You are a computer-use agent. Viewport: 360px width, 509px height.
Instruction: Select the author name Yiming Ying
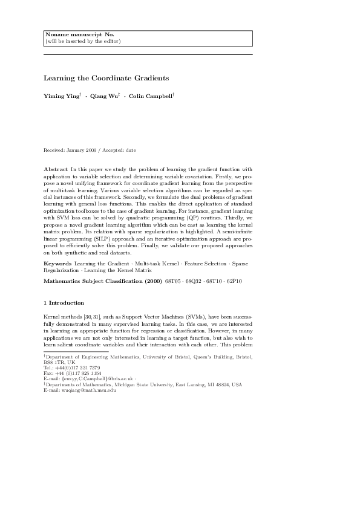click(61, 96)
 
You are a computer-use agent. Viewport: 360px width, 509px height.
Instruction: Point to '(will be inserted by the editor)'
click(83, 41)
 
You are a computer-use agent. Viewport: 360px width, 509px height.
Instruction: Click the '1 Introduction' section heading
click(64, 302)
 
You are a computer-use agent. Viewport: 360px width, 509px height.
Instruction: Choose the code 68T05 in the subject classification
click(175, 281)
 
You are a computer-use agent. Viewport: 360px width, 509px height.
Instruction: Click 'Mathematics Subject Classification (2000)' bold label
click(102, 281)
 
